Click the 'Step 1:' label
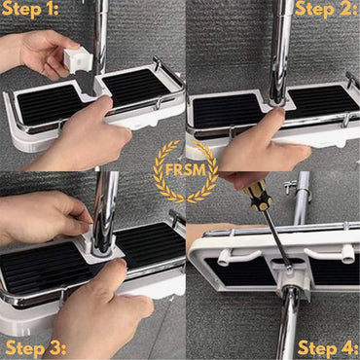[31, 11]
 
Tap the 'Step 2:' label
[326, 11]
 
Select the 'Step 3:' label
[35, 347]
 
